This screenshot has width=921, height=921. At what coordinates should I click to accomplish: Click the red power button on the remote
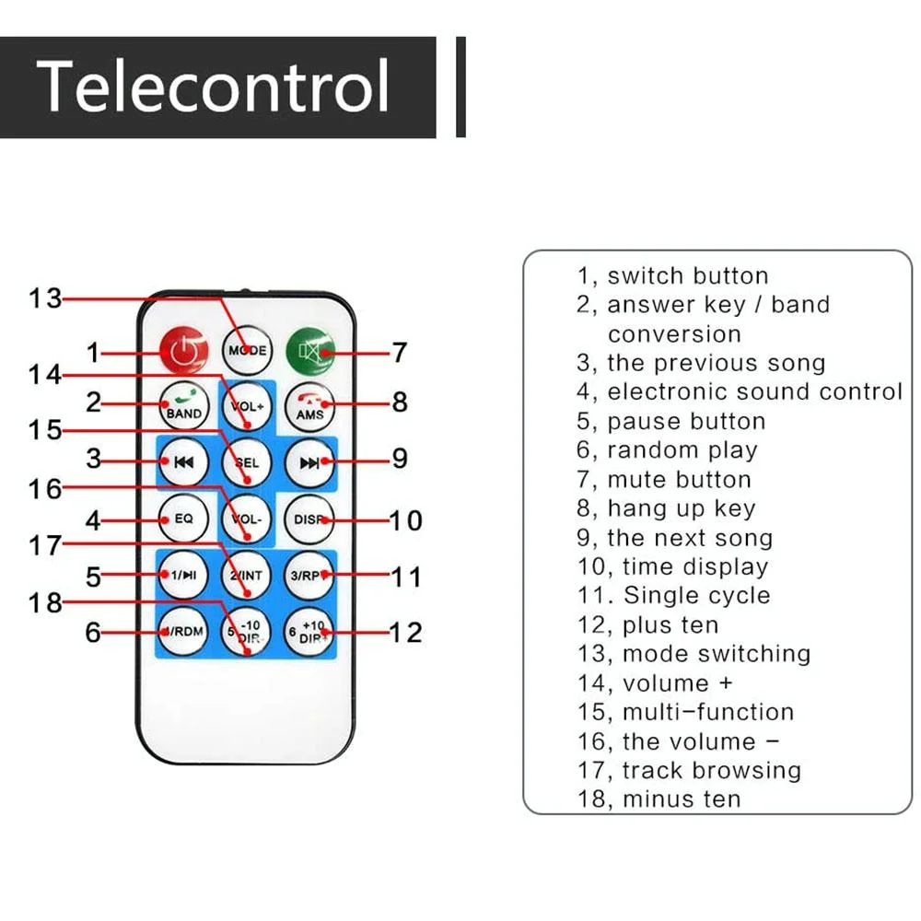tap(184, 352)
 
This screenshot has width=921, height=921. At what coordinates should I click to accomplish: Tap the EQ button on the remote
tap(184, 519)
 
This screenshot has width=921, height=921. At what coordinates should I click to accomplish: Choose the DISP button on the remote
tap(309, 519)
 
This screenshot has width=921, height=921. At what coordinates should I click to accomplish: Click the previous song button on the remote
tap(184, 461)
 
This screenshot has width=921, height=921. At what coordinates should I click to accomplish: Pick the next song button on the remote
tap(309, 461)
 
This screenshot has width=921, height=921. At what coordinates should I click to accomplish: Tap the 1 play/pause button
tap(184, 576)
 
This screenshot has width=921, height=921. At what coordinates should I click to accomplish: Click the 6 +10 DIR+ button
tap(309, 633)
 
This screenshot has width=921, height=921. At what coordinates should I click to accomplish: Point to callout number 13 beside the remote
tap(44, 298)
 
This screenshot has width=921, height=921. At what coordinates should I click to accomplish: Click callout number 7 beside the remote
tap(399, 352)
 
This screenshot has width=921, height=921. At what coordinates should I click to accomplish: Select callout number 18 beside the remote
tap(44, 603)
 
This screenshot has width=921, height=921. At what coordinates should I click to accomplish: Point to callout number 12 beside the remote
tap(404, 633)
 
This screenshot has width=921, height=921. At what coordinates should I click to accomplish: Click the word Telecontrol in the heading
tap(213, 87)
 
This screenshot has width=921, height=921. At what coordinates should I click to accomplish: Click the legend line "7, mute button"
tap(664, 480)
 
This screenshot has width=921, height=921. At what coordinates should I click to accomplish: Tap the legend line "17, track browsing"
tap(689, 771)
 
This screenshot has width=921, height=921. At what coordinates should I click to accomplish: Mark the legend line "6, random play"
tap(667, 450)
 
